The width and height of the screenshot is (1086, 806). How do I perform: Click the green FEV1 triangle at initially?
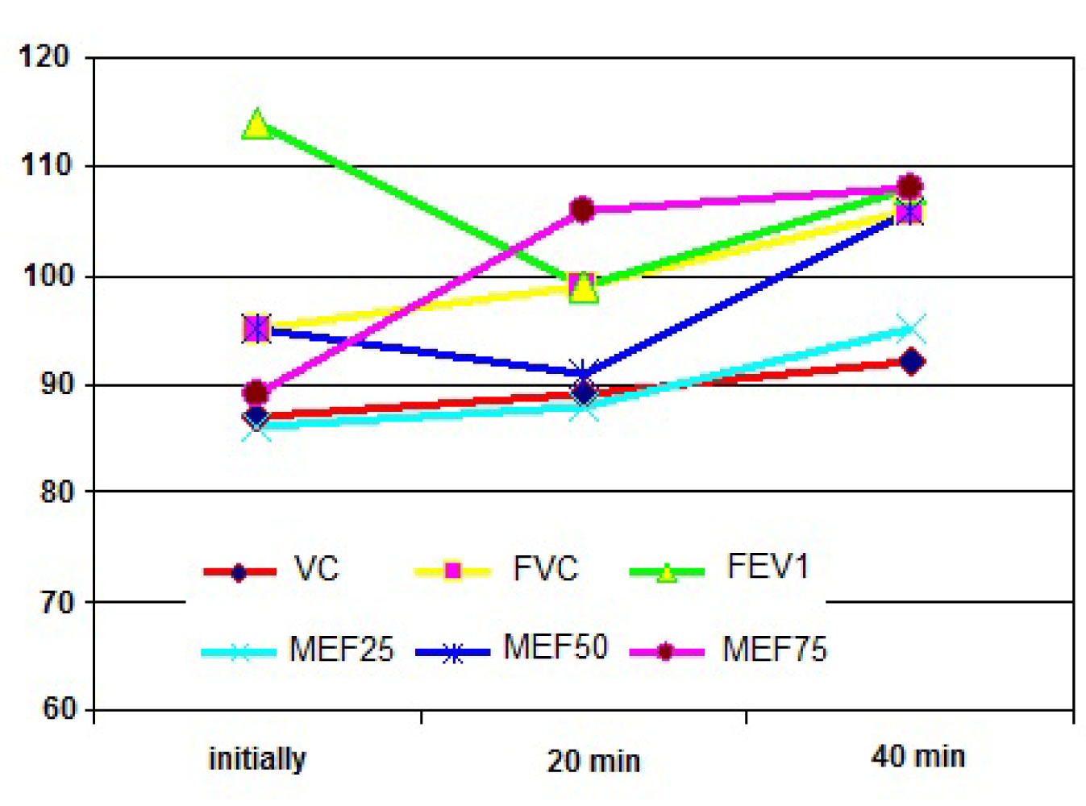tap(256, 125)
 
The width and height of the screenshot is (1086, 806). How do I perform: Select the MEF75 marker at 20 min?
tap(582, 210)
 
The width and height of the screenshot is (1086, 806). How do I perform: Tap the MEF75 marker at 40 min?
tap(909, 187)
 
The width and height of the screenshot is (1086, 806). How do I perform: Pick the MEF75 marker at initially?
tap(256, 393)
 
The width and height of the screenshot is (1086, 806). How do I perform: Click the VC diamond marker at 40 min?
tap(911, 362)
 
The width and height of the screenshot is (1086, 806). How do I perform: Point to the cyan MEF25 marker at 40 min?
tap(911, 329)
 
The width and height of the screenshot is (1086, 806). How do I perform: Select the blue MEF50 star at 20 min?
tap(582, 373)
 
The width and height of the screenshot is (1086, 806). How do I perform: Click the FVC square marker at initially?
tap(256, 329)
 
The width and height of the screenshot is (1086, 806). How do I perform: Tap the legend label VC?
tap(316, 569)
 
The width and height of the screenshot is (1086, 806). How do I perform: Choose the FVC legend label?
tap(546, 569)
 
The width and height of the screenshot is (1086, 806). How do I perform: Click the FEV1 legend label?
tap(767, 567)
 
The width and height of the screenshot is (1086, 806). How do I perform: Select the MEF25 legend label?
tap(341, 650)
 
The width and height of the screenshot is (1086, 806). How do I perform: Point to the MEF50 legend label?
tap(555, 647)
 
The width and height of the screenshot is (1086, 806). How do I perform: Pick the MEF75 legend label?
tap(774, 650)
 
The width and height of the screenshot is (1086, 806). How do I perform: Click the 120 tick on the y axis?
tap(45, 57)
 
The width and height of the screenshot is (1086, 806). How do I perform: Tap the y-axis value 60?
tap(58, 709)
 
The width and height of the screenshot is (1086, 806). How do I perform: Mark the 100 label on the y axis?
tap(48, 276)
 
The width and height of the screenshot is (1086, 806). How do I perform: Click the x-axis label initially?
tap(257, 759)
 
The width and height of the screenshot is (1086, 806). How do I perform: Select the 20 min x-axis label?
tap(593, 761)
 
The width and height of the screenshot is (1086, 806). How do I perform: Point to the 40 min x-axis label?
tap(917, 757)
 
